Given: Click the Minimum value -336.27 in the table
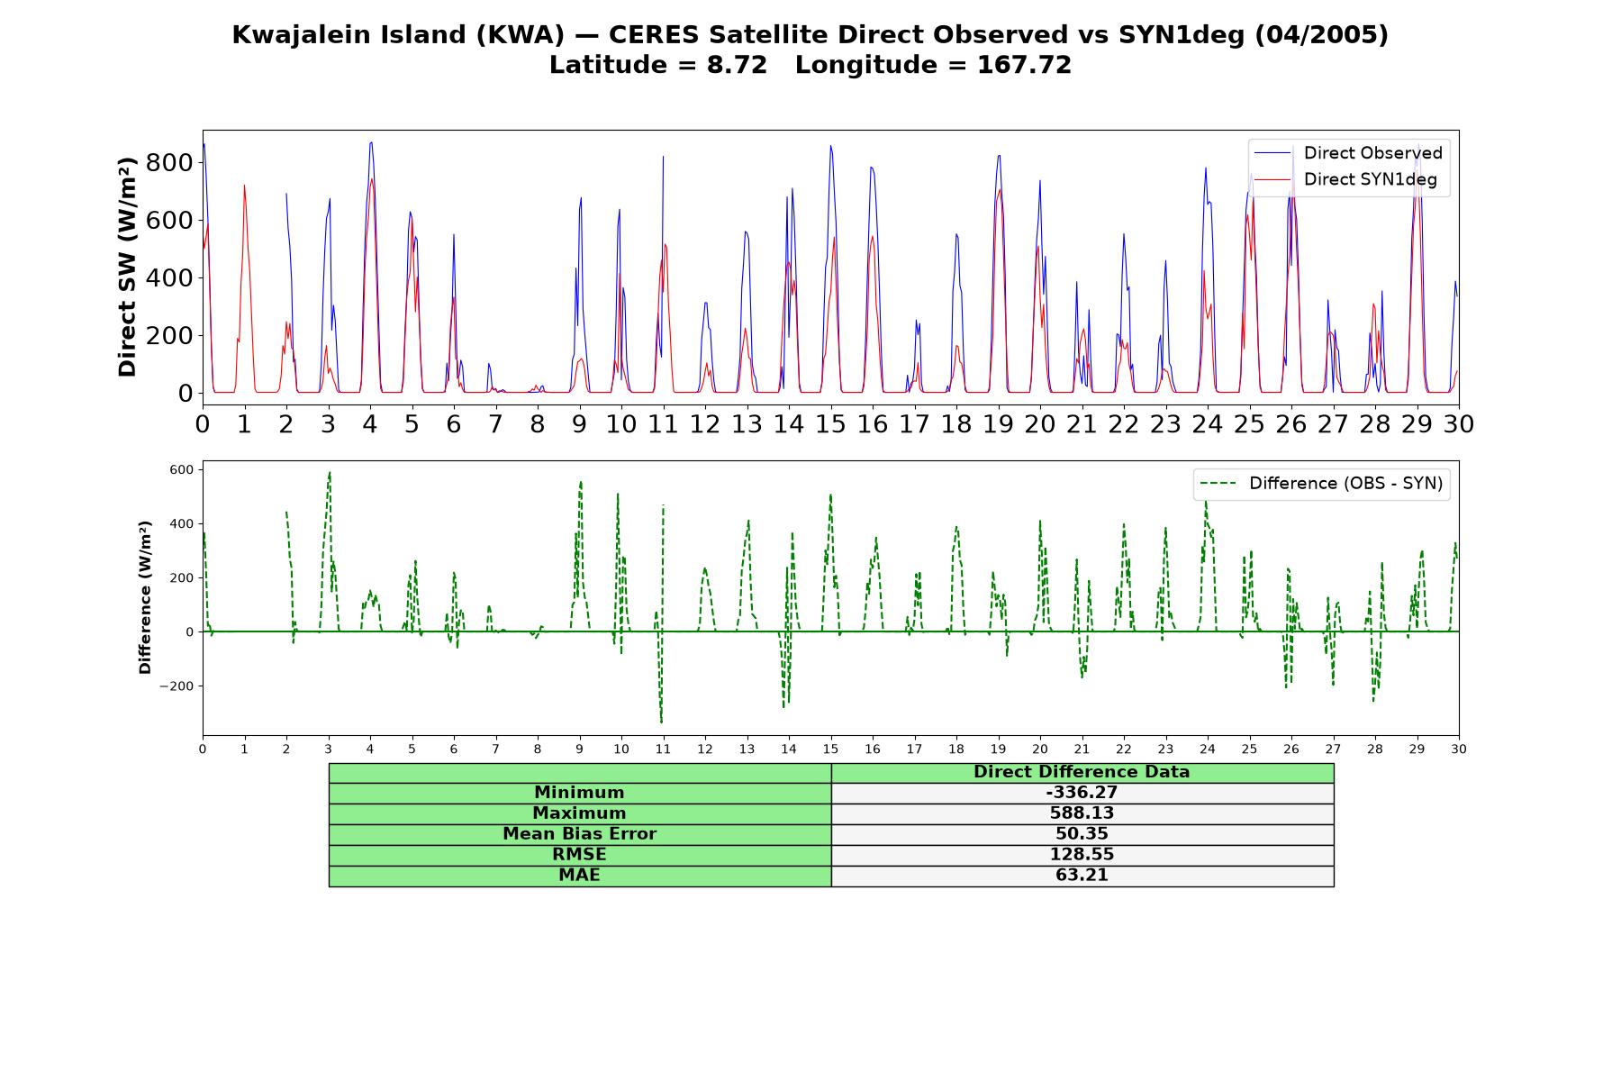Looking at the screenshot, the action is coord(1082,793).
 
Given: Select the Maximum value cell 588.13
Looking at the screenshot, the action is coord(1082,813).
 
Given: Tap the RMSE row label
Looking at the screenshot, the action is coord(579,855).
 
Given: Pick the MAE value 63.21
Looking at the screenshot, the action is coord(1082,876).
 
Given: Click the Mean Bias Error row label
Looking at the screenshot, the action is coord(579,834).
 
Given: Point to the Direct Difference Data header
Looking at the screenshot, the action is coord(1082,772).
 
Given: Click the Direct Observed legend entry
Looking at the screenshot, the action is coord(1348,153).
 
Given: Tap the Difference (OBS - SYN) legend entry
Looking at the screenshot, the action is coord(1321,484).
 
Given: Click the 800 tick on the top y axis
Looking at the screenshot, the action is coord(173,163).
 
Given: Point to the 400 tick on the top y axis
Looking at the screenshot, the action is coord(173,278).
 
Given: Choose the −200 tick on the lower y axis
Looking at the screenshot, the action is coord(177,686).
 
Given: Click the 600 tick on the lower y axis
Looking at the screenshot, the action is coord(181,470).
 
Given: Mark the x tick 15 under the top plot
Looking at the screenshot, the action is coord(830,424).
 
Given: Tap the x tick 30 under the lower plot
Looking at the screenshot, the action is coord(1459,749).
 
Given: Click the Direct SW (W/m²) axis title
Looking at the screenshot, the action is coord(127,267).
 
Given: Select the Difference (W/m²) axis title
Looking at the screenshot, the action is coord(145,597).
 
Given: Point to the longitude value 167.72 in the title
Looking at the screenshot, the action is coord(1024,65).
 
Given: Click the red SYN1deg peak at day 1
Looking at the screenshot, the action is coord(244,186).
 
